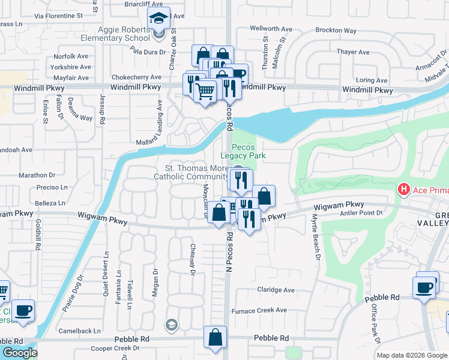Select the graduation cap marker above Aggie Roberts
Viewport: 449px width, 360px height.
tap(158, 19)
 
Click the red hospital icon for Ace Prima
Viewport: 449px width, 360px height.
tap(404, 190)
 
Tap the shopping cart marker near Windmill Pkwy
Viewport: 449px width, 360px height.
tap(205, 91)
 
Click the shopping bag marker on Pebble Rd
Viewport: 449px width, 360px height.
tap(215, 338)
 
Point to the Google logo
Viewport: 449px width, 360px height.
tap(20, 353)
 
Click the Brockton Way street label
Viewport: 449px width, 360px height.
tap(336, 31)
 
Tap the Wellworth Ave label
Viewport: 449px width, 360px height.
tap(270, 28)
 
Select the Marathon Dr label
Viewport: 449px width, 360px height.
tap(37, 175)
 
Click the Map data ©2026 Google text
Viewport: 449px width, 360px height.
tap(411, 355)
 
